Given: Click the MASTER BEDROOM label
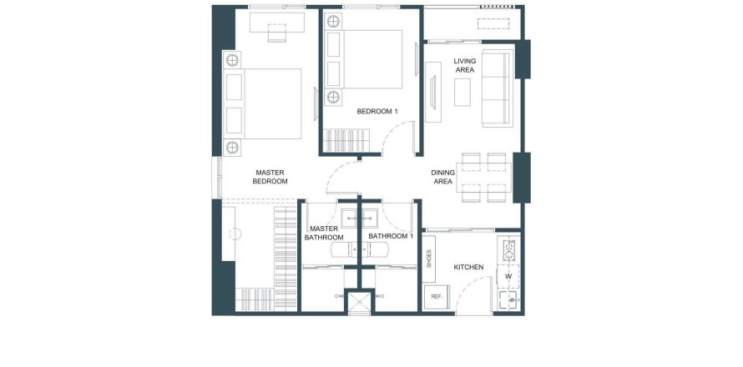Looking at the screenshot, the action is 270,177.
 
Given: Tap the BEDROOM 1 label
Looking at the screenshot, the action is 377,111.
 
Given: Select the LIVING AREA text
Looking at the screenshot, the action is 464,65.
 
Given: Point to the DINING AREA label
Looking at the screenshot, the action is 442,177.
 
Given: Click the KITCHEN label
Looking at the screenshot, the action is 468,267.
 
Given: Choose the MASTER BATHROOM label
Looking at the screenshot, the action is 324,233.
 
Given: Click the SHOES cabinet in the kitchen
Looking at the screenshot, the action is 429,259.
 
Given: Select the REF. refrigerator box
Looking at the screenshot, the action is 437,297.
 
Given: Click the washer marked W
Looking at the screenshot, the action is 508,276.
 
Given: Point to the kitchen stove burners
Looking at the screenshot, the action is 509,250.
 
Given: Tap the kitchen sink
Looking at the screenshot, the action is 508,299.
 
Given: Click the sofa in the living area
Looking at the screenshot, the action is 497,88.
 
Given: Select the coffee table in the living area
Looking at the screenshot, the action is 462,93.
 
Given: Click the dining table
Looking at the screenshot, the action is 484,177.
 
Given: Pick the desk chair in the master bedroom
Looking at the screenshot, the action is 276,33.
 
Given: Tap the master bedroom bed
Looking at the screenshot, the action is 264,103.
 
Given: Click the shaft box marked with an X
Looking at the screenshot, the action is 359,304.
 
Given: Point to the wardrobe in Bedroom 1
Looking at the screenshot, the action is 346,140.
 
